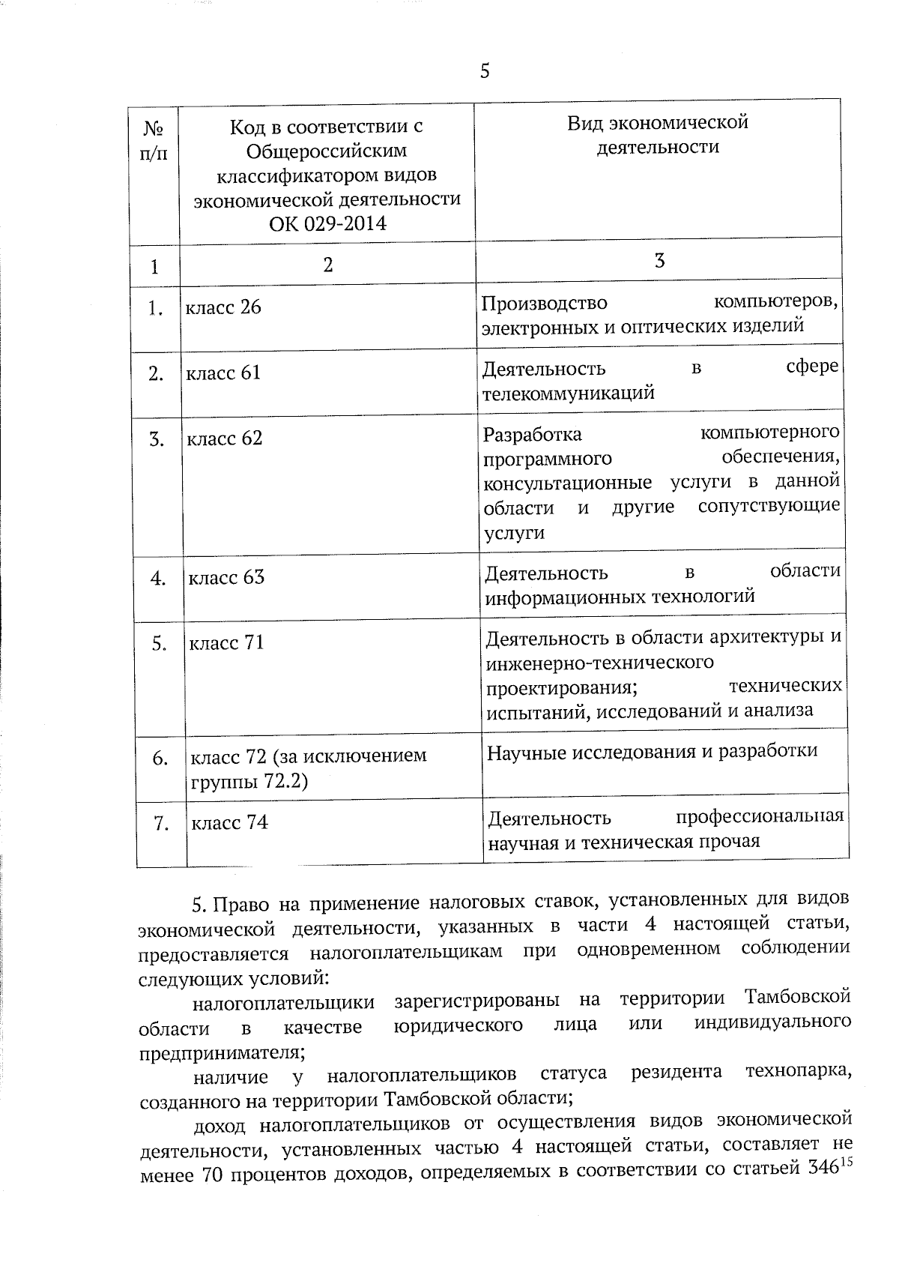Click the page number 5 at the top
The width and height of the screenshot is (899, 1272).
tap(484, 71)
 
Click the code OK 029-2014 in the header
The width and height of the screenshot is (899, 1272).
tap(327, 223)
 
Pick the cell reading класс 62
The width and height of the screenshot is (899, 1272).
tap(225, 438)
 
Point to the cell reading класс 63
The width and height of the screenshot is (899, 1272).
tap(225, 577)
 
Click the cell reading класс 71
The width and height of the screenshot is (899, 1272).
tap(226, 643)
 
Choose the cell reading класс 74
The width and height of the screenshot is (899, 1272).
tap(229, 822)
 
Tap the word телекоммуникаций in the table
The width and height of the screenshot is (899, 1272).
tap(569, 393)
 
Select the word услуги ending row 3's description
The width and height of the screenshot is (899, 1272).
tap(514, 533)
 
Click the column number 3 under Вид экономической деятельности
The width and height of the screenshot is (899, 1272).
tap(659, 261)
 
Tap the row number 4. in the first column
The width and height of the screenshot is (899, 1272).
tap(157, 579)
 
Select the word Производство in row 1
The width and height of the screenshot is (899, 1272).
tap(544, 303)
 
